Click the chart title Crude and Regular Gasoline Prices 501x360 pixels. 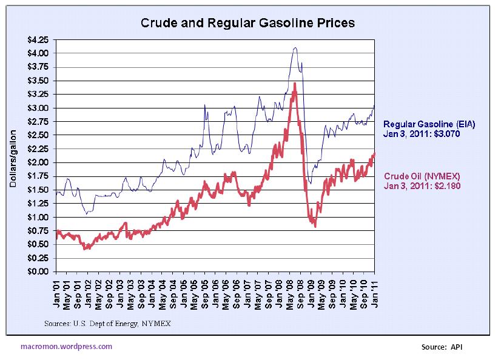click(247, 23)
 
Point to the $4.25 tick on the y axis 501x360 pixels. click(39, 39)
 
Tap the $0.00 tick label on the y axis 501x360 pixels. click(39, 272)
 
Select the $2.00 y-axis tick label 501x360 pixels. click(39, 162)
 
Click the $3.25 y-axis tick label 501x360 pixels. click(39, 94)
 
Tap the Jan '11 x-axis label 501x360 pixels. click(374, 295)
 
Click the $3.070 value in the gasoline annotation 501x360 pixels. click(442, 133)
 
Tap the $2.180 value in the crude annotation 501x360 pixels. click(448, 187)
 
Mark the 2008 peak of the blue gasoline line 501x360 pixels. click(295, 47)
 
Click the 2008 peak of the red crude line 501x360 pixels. click(295, 83)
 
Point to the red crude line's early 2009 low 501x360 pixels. click(315, 226)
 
